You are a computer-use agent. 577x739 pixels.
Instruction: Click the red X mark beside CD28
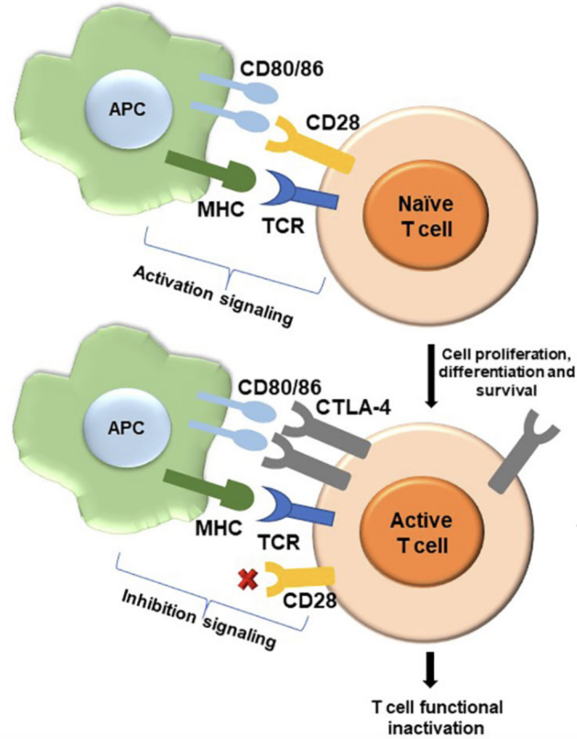[248, 579]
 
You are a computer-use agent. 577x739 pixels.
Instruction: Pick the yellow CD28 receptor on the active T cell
[300, 579]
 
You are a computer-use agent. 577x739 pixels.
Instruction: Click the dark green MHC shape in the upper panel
[210, 173]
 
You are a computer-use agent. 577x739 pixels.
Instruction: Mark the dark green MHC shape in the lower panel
[208, 490]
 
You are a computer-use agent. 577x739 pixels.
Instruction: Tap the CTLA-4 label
[353, 407]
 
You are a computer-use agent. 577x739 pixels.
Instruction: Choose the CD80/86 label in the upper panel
[282, 70]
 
